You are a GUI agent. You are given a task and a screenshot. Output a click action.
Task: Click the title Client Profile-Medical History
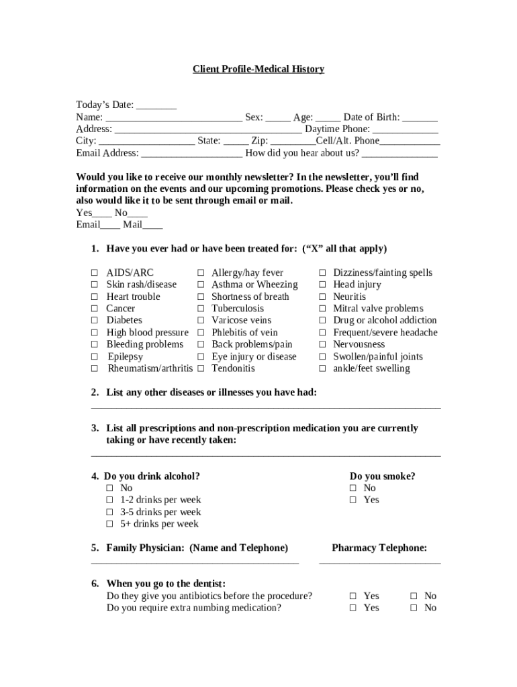point(258,69)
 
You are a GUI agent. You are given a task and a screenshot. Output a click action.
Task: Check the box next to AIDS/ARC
point(95,273)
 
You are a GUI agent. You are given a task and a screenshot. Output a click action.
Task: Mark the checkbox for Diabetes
point(95,321)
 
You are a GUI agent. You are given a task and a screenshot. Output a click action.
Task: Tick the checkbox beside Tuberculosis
point(200,309)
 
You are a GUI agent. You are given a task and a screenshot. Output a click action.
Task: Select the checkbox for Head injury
point(322,285)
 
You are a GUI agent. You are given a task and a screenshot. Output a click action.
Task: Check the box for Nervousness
point(322,345)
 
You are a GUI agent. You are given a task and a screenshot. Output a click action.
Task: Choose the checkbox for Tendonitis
point(200,368)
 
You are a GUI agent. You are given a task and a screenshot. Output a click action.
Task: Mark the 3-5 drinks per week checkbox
point(109,513)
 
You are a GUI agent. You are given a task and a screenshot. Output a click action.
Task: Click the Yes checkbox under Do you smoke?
point(352,500)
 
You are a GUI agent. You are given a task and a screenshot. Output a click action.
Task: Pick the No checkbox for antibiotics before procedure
point(414,596)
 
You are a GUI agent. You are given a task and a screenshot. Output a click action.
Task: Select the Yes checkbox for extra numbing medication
point(352,608)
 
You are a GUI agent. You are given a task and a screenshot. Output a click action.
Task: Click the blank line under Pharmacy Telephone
point(379,562)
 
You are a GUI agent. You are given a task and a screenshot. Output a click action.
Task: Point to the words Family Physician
point(145,548)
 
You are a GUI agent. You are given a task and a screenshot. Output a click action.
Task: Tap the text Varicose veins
point(242,321)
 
